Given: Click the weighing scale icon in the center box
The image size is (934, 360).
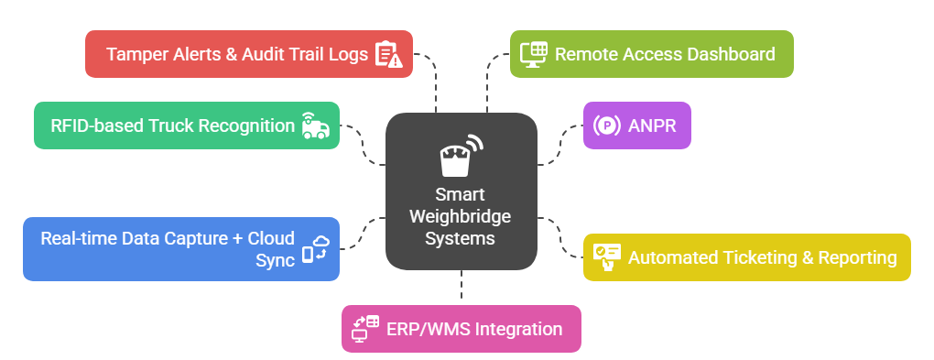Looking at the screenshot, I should pos(461,158).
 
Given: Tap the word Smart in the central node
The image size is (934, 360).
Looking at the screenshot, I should pos(461,195).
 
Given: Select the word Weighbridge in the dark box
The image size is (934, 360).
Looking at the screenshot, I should pos(461,216).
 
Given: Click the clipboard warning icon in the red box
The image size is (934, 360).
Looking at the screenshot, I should pos(388,54).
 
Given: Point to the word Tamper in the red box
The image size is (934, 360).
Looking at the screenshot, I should pos(134,54).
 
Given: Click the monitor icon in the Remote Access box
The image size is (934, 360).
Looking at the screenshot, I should pos(534,54).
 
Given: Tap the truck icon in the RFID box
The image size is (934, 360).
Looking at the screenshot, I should pos(316,125).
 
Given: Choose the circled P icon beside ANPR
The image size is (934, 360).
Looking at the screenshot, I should pos(606,125).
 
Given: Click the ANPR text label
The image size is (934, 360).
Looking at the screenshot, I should pos(652,125).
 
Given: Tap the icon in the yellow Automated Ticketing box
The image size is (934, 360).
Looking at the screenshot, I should pos(606,257).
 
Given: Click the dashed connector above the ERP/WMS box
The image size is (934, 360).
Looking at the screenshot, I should pos(462,287).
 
